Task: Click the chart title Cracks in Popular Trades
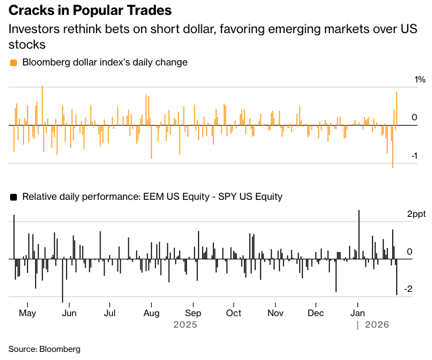pyautogui.click(x=89, y=11)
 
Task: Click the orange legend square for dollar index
pyautogui.click(x=13, y=62)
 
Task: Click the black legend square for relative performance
pyautogui.click(x=13, y=197)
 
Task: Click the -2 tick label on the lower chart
pyautogui.click(x=408, y=289)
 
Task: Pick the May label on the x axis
pyautogui.click(x=28, y=313)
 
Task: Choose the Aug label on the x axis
pyautogui.click(x=151, y=313)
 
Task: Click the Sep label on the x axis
pyautogui.click(x=193, y=313)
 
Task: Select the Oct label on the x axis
pyautogui.click(x=234, y=313)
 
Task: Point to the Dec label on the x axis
pyautogui.click(x=316, y=313)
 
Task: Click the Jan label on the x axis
pyautogui.click(x=357, y=313)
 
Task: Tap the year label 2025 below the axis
pyautogui.click(x=185, y=325)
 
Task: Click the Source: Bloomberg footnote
pyautogui.click(x=45, y=349)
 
